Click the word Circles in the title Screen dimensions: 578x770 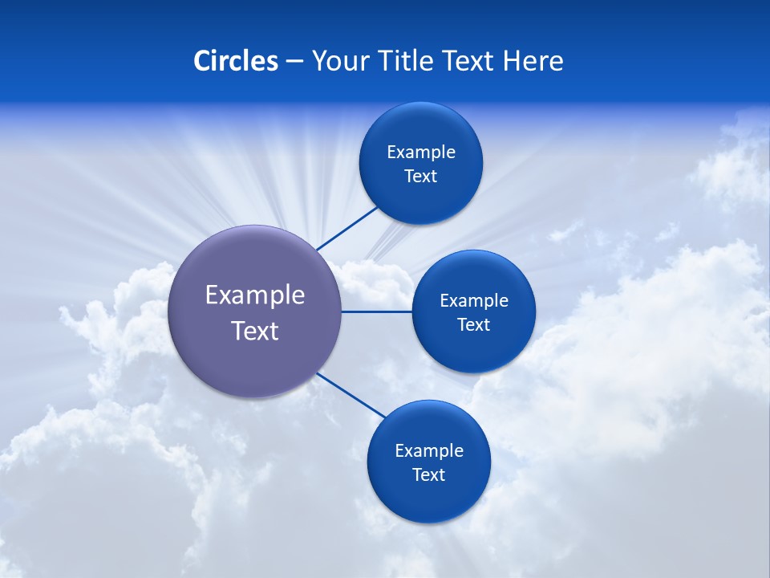pyautogui.click(x=235, y=61)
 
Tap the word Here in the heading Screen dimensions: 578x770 pyautogui.click(x=533, y=61)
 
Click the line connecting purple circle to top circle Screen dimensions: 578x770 pyautogui.click(x=346, y=229)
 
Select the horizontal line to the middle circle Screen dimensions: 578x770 pyautogui.click(x=376, y=311)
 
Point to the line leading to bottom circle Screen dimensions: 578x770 pyautogui.click(x=351, y=396)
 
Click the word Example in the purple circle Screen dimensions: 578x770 pyautogui.click(x=255, y=295)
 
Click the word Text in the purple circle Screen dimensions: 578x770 pyautogui.click(x=255, y=331)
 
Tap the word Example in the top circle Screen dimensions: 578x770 pyautogui.click(x=421, y=152)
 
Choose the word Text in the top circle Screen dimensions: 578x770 pyautogui.click(x=420, y=177)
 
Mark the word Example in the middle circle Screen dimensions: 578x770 pyautogui.click(x=474, y=300)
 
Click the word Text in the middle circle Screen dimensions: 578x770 pyautogui.click(x=473, y=325)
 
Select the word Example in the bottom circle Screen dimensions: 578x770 pyautogui.click(x=429, y=450)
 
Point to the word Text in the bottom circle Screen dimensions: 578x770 pyautogui.click(x=428, y=475)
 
